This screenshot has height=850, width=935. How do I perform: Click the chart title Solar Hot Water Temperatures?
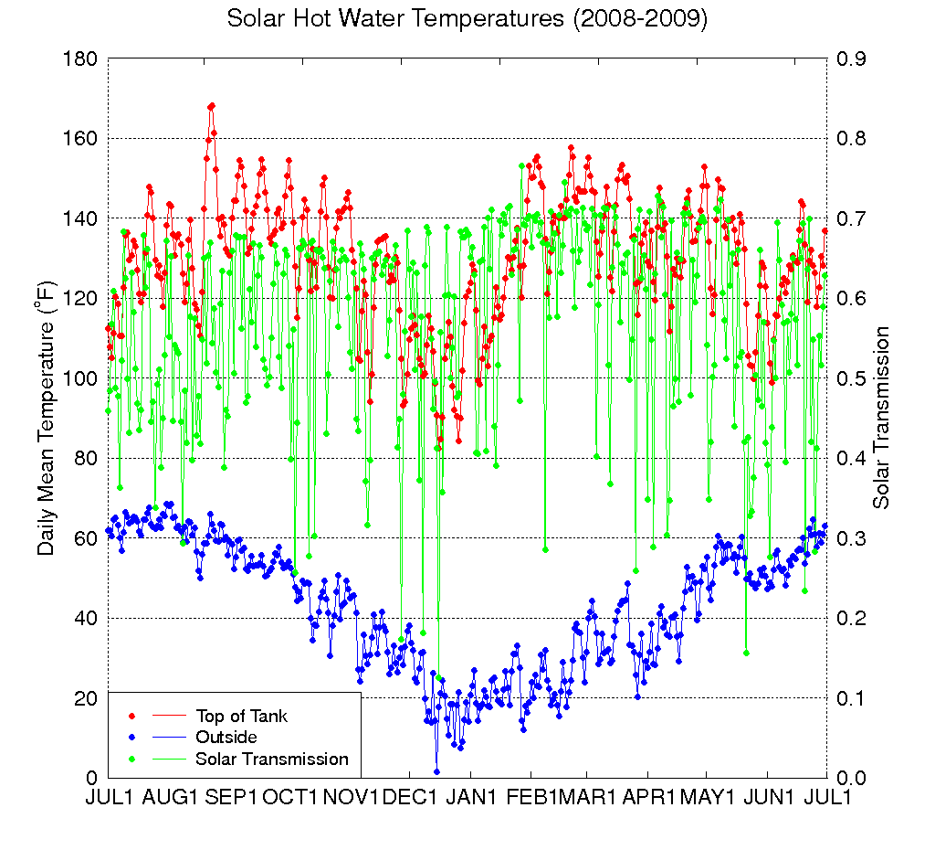467,20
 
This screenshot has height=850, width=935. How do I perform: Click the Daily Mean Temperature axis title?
47,418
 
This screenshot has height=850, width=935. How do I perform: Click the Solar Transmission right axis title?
881,418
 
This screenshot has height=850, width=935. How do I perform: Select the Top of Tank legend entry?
241,716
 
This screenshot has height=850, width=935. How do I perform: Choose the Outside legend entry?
226,737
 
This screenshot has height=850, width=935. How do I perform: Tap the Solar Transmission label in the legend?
271,759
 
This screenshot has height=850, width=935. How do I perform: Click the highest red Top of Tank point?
212,106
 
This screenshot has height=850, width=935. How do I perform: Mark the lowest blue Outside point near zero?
436,771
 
